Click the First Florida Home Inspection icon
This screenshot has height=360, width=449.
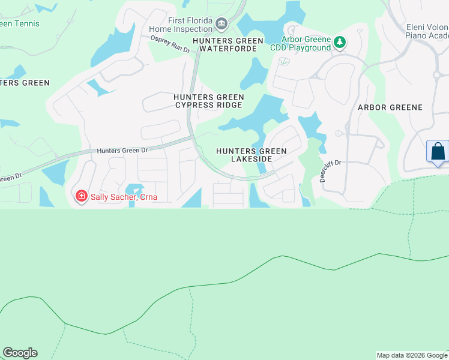221,25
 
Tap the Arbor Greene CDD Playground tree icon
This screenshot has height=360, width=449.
340,42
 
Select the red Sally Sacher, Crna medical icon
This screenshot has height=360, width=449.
80,196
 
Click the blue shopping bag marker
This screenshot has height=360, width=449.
438,151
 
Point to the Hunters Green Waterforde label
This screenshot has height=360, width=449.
228,45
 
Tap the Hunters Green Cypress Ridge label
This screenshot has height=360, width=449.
208,101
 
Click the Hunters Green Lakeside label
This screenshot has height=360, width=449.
252,155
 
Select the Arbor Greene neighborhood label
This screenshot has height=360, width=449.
390,107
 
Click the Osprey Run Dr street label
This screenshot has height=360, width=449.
169,44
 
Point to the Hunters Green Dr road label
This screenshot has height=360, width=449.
122,151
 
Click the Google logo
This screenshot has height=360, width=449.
20,353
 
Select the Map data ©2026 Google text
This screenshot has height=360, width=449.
412,355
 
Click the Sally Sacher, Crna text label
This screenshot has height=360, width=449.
119,196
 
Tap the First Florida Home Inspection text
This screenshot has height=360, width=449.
190,25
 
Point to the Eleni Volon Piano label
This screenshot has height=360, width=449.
427,31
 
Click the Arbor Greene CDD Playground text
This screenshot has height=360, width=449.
307,43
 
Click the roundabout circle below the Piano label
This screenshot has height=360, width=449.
437,76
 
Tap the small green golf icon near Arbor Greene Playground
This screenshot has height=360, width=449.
284,61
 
